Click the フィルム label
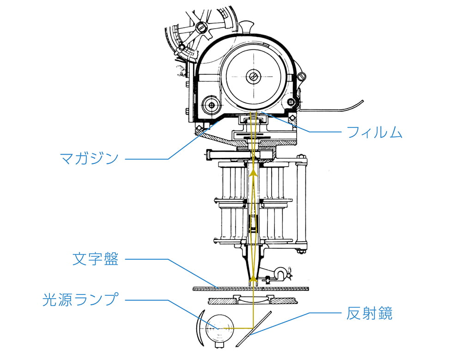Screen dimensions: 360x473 [374, 132]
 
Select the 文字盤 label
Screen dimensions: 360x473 [96, 259]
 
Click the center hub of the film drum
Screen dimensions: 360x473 [253, 76]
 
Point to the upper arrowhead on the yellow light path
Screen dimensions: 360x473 [253, 173]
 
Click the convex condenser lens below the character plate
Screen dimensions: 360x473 [253, 300]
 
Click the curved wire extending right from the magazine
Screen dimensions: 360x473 [337, 107]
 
